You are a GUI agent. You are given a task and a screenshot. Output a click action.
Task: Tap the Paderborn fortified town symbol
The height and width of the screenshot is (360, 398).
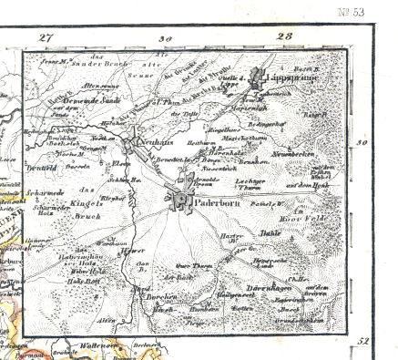pos(181,199)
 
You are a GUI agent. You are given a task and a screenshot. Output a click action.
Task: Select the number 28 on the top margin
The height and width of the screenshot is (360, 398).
pos(284,37)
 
